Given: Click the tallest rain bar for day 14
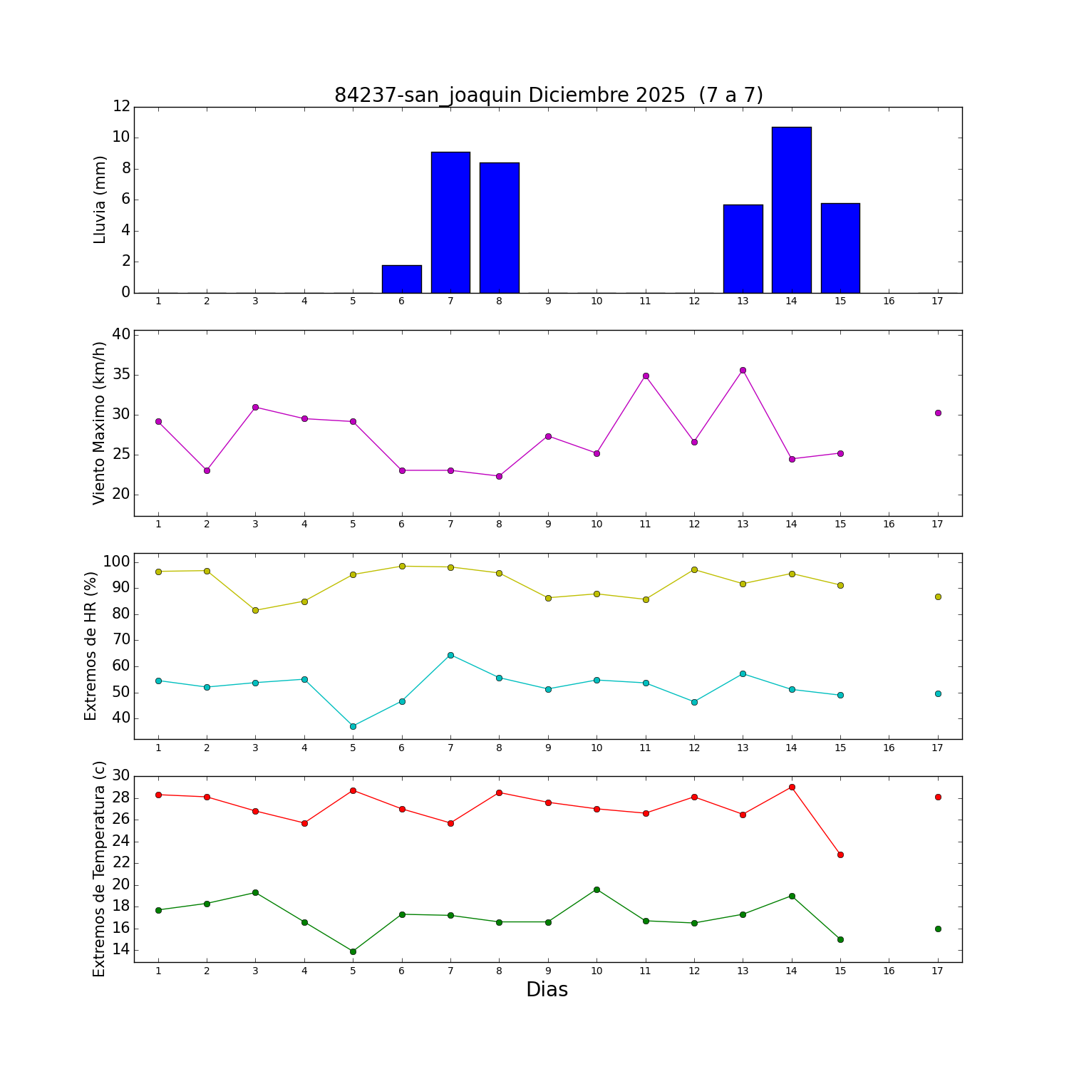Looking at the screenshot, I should point(791,210).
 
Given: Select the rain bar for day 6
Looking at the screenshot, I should point(401,279).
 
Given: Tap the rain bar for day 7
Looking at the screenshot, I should point(450,222).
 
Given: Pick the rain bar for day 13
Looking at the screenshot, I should point(743,249).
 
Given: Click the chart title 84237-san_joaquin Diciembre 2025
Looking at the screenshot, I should point(548,95).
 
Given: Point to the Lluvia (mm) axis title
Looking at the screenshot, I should point(100,200).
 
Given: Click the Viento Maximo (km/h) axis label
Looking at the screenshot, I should point(100,423).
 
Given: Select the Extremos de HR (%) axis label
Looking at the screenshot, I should point(91,646).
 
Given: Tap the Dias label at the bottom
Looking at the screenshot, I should point(547,990).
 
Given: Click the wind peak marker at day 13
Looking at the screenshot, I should point(743,370).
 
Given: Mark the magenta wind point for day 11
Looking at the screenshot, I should point(646,376).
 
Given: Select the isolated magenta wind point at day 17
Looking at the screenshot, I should point(938,413).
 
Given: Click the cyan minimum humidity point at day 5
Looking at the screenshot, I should point(353,726).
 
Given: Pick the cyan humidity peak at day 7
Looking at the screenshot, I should point(450,655).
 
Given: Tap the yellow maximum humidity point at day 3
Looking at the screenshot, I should point(255,610).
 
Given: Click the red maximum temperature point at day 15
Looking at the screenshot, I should point(840,854).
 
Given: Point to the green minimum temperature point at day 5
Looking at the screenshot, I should point(353,951).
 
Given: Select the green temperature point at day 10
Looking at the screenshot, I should point(597,889).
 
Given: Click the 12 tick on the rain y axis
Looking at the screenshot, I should point(121,106).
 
